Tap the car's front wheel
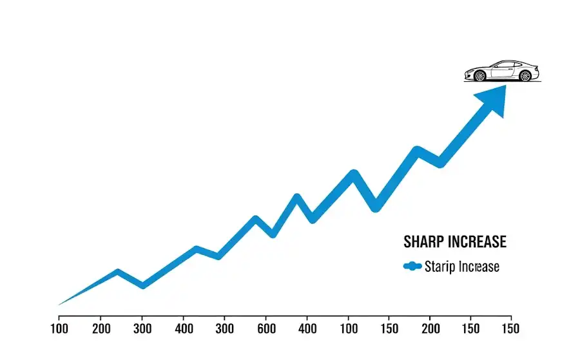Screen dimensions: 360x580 click(x=479, y=76)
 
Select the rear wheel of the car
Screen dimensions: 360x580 click(x=525, y=76)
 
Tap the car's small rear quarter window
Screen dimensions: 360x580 click(x=517, y=65)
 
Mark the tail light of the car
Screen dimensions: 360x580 click(x=536, y=69)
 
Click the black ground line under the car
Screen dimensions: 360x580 click(x=503, y=82)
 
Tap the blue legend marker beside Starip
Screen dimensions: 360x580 click(x=412, y=266)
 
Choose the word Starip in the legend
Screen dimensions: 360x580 click(x=440, y=266)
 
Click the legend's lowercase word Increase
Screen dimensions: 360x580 click(x=478, y=266)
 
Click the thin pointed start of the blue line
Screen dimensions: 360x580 click(x=60, y=305)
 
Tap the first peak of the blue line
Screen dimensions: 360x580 click(x=118, y=272)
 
